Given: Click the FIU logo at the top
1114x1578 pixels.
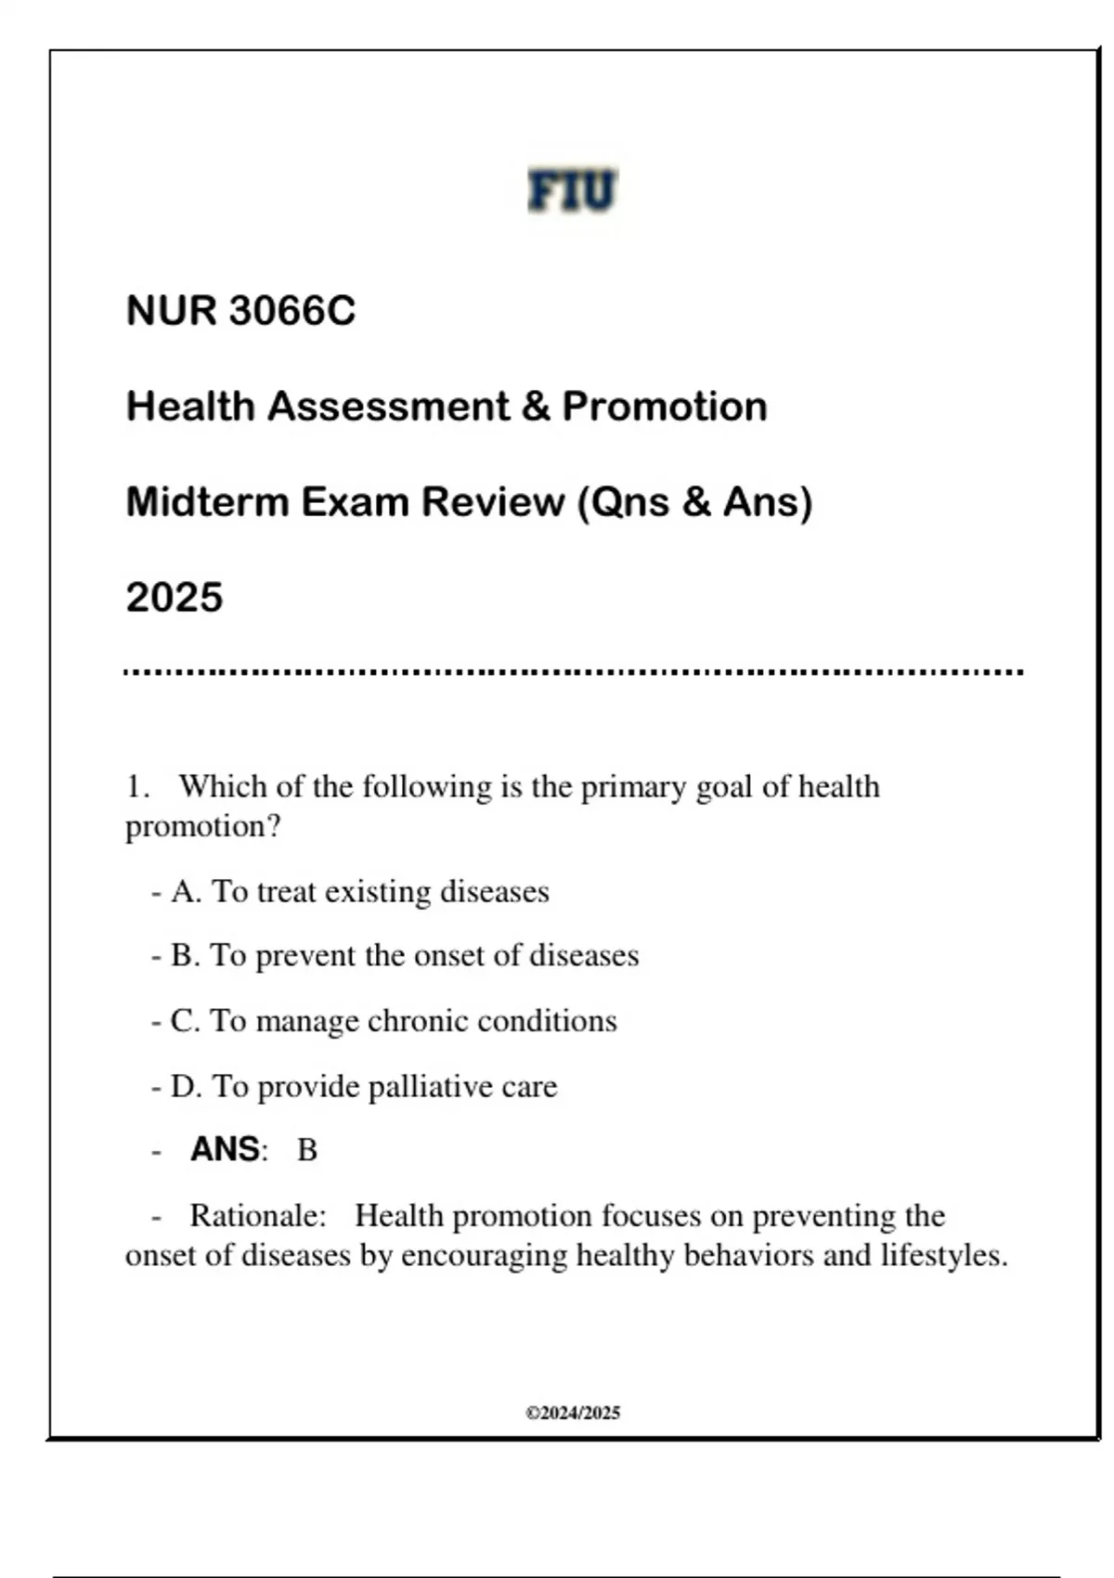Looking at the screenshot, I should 572,190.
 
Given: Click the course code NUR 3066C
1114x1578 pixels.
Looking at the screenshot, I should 240,311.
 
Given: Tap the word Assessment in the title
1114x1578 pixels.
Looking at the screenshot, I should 388,407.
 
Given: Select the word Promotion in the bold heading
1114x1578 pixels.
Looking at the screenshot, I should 665,407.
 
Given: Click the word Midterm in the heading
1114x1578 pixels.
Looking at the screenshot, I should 207,502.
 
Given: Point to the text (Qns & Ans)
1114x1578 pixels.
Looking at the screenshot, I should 694,502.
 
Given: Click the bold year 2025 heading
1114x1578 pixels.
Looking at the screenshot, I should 175,597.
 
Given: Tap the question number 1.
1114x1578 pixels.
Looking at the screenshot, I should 136,787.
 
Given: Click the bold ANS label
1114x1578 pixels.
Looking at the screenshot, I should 226,1150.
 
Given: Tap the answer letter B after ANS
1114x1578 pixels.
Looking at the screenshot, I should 307,1151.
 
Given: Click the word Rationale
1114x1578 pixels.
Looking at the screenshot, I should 258,1216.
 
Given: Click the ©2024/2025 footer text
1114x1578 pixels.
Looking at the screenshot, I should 573,1413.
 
